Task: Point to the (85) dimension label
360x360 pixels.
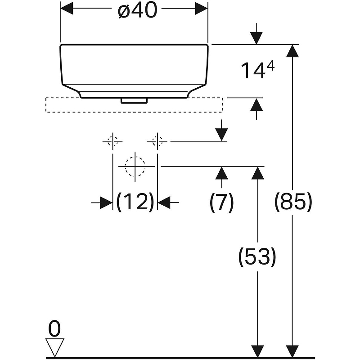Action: coord(293,203)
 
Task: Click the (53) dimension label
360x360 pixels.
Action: coord(257,256)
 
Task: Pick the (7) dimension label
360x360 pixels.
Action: coord(221,203)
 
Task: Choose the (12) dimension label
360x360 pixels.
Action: coord(135,202)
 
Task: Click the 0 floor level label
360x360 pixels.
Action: coord(54,329)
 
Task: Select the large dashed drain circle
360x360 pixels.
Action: coord(135,166)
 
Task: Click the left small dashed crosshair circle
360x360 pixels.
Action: coord(112,141)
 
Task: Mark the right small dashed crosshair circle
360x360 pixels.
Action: coord(157,141)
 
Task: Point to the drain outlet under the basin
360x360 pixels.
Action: coord(134,100)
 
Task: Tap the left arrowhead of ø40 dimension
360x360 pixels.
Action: coord(66,8)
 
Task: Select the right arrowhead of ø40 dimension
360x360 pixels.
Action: coord(202,8)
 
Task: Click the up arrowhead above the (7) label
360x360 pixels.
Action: coord(221,172)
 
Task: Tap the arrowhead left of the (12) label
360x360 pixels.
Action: coord(106,202)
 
